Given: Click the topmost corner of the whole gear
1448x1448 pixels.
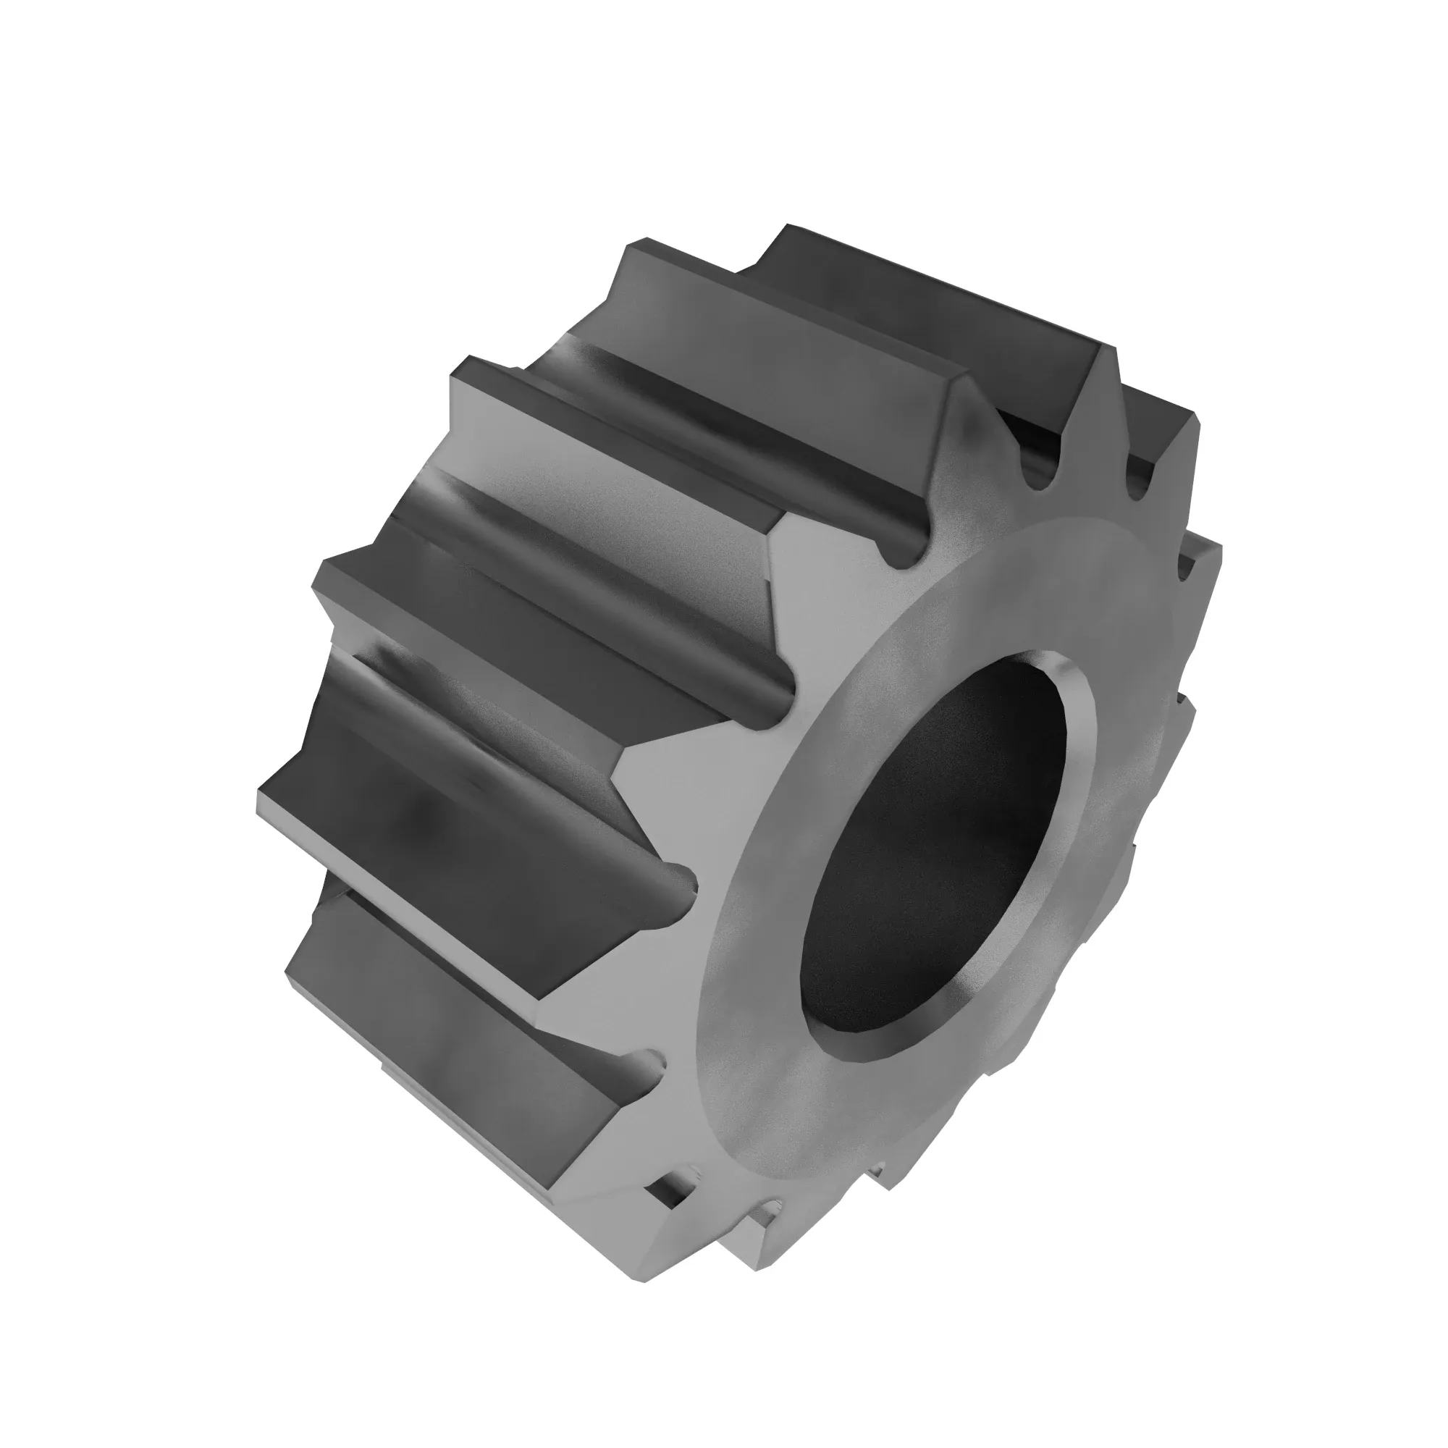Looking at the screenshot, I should pos(787,225).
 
